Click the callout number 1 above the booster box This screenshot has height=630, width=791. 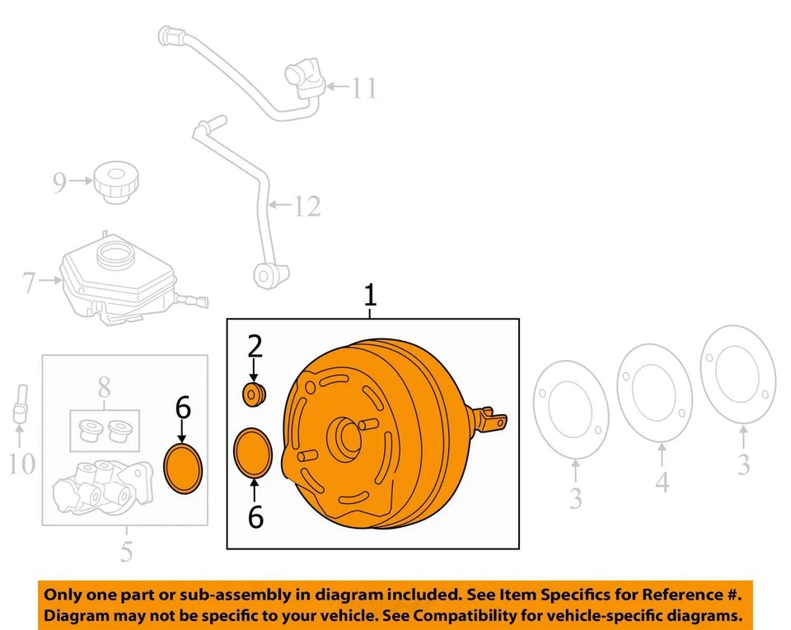(371, 295)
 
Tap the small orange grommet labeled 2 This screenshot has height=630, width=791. (254, 394)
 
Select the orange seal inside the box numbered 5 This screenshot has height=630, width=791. (183, 469)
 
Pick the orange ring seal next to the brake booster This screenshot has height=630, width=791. (254, 452)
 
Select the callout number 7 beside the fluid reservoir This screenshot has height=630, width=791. (30, 284)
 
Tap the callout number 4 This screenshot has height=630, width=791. (662, 483)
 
